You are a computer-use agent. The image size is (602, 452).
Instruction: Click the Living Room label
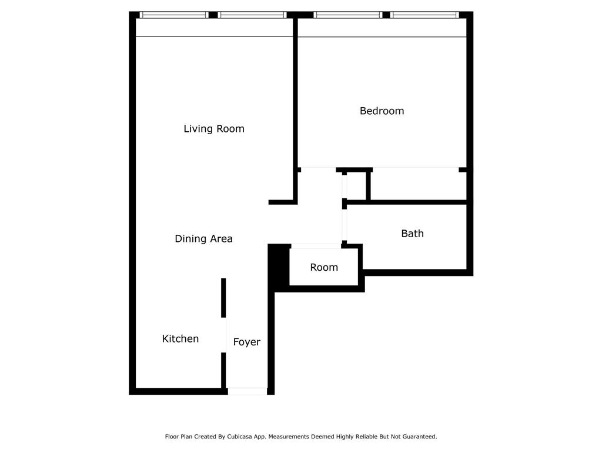click(x=214, y=128)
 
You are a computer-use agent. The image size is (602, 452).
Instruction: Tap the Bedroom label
click(x=382, y=111)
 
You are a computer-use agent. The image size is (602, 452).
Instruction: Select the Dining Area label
click(x=203, y=238)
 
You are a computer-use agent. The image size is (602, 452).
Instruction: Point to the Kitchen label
click(x=180, y=338)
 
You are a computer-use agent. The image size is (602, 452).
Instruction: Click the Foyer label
click(x=246, y=342)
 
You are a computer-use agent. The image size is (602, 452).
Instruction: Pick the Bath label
click(x=412, y=233)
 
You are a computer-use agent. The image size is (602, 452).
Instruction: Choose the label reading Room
click(x=324, y=267)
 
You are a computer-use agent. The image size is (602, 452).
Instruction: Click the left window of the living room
click(x=175, y=15)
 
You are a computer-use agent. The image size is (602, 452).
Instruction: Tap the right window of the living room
click(x=251, y=15)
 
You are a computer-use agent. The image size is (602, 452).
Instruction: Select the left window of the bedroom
click(x=347, y=15)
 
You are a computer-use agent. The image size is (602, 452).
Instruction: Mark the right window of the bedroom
click(x=423, y=15)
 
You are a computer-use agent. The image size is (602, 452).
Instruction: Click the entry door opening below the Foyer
click(x=247, y=390)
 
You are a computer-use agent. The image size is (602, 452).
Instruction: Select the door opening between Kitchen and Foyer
click(x=224, y=335)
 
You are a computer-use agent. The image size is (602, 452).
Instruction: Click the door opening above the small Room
click(x=316, y=245)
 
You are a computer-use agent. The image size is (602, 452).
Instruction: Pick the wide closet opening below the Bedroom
click(x=415, y=169)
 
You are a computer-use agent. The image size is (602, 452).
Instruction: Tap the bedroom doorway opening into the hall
click(x=319, y=169)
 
